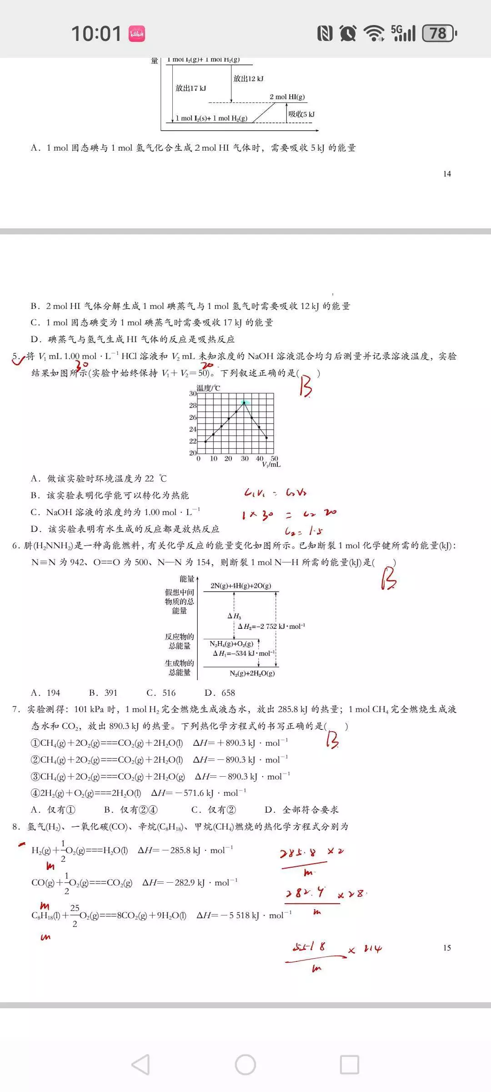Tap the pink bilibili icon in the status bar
point(136,34)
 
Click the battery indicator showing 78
point(439,33)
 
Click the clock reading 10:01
point(96,34)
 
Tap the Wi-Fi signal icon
point(374,33)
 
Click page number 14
point(447,174)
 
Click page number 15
point(447,948)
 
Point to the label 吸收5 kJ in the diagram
point(301,114)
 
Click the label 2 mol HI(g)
point(287,97)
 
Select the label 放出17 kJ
point(190,88)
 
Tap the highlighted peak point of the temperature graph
point(245,403)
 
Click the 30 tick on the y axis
point(193,394)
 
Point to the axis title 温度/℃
point(208,388)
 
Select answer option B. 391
point(103,693)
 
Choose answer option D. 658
point(220,693)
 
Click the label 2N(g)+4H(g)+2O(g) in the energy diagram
point(240,586)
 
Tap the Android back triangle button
point(140,1065)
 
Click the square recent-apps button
point(349,1065)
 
